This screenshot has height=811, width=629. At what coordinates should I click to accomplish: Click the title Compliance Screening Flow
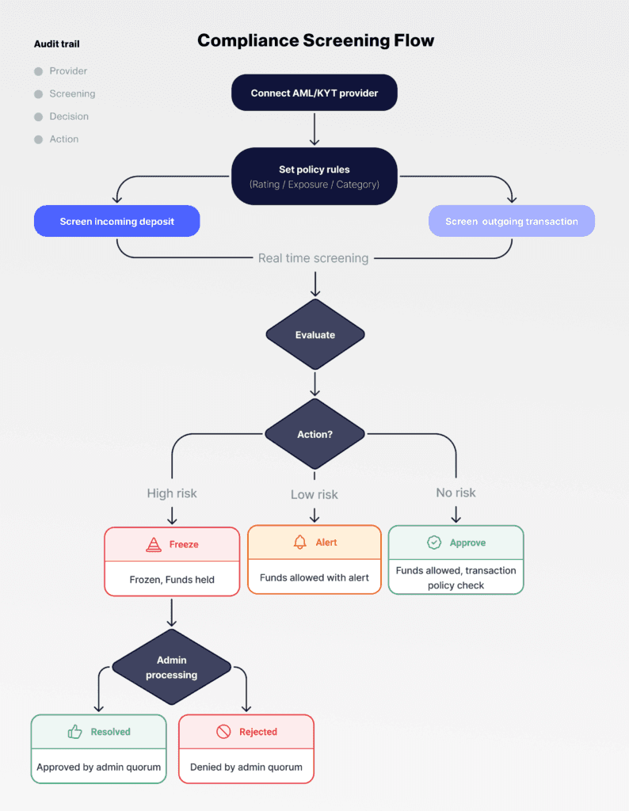[x=315, y=40]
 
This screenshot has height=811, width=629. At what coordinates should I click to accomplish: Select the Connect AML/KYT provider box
[x=314, y=93]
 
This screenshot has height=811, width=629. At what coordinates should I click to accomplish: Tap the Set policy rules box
[x=314, y=177]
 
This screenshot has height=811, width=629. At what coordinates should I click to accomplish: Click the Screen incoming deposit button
[x=116, y=222]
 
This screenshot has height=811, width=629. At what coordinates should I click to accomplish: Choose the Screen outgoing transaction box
[x=511, y=222]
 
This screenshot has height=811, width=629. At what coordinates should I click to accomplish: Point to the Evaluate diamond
[x=314, y=334]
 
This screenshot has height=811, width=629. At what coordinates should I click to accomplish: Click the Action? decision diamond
[x=314, y=434]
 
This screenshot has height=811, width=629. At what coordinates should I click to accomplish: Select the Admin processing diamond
[x=171, y=668]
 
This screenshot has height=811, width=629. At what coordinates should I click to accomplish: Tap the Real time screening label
[x=313, y=258]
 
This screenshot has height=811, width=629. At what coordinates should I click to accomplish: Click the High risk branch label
[x=172, y=493]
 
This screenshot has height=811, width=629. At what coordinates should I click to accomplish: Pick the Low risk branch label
[x=314, y=494]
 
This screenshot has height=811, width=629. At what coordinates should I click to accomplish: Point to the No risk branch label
[x=456, y=493]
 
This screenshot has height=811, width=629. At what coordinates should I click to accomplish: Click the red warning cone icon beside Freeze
[x=154, y=545]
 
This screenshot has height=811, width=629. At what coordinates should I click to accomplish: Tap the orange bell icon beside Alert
[x=299, y=543]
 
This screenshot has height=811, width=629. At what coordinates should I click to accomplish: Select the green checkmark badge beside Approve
[x=434, y=543]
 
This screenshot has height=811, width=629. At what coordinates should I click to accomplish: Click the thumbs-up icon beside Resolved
[x=75, y=732]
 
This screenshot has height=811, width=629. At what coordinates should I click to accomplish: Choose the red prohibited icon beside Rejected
[x=223, y=732]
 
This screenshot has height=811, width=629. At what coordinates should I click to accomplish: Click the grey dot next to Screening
[x=38, y=94]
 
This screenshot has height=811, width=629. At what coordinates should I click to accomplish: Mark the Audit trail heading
[x=57, y=44]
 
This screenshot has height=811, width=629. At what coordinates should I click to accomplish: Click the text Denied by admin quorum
[x=246, y=767]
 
